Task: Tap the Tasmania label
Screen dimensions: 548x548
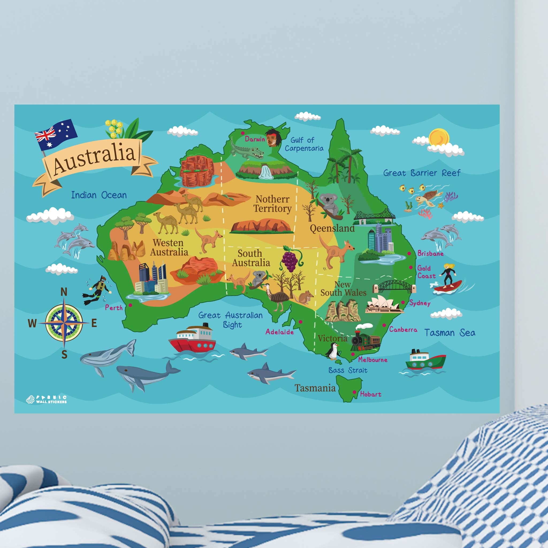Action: pos(315,388)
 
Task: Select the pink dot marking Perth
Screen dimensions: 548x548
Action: pos(131,305)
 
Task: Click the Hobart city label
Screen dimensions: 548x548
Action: pos(370,394)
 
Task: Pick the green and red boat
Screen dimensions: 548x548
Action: pos(425,360)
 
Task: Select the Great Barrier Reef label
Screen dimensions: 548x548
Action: pos(422,173)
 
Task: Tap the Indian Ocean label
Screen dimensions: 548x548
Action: pos(99,195)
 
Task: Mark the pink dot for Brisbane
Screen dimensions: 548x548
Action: pos(409,253)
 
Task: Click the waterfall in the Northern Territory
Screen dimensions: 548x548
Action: pos(266,172)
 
